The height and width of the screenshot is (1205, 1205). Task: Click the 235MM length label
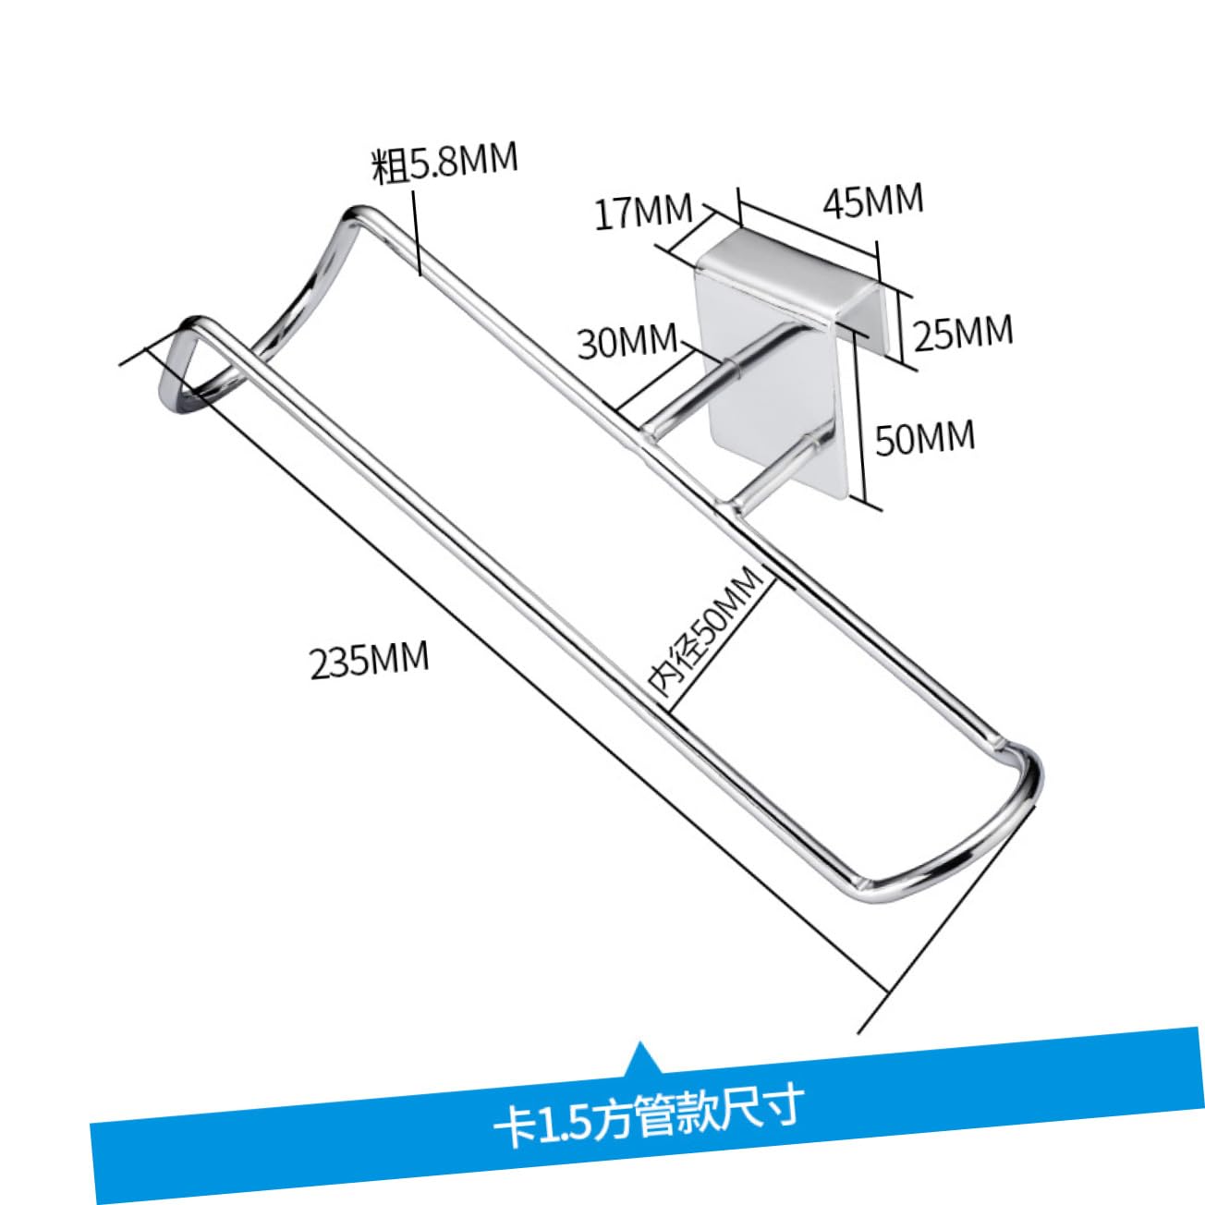click(x=370, y=659)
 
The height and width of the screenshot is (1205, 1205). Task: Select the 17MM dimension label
click(x=643, y=212)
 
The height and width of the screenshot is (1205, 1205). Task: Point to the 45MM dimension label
click(x=872, y=201)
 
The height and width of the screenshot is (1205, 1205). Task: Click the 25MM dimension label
click(x=963, y=332)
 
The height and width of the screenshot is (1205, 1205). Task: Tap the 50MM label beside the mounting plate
click(x=925, y=437)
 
